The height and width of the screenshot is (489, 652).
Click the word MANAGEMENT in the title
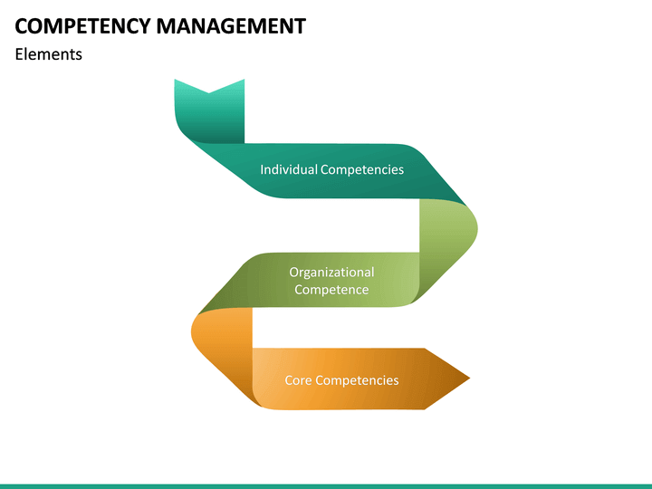(x=231, y=26)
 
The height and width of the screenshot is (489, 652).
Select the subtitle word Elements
(x=48, y=54)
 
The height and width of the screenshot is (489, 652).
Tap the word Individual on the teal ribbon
(x=289, y=169)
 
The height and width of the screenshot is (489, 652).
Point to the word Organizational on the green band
(x=331, y=272)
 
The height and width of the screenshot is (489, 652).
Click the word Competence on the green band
(x=331, y=290)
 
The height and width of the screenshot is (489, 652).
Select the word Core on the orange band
(x=298, y=380)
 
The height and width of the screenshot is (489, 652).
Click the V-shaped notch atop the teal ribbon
(x=209, y=90)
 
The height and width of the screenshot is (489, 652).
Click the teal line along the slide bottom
(x=326, y=485)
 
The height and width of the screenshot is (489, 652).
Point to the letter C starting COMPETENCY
(x=22, y=26)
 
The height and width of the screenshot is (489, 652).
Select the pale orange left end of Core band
(x=267, y=379)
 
